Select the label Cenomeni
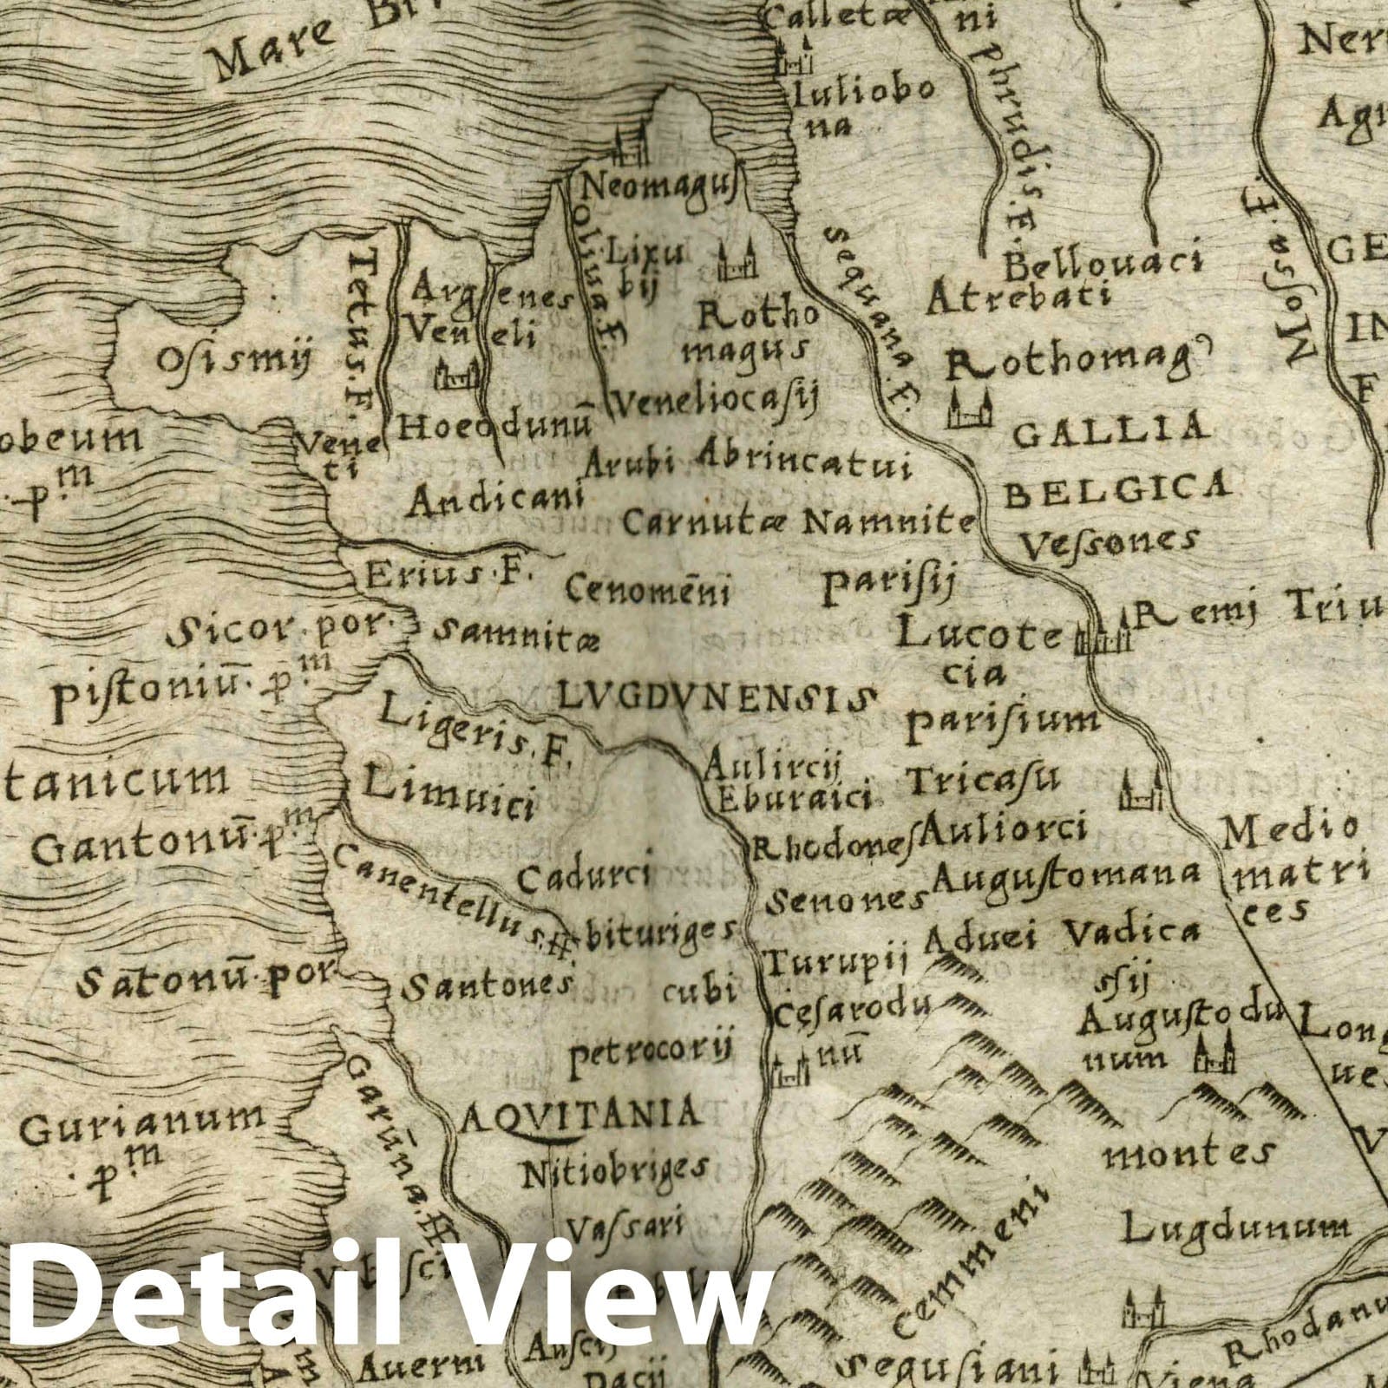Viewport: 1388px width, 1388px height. pos(647,590)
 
